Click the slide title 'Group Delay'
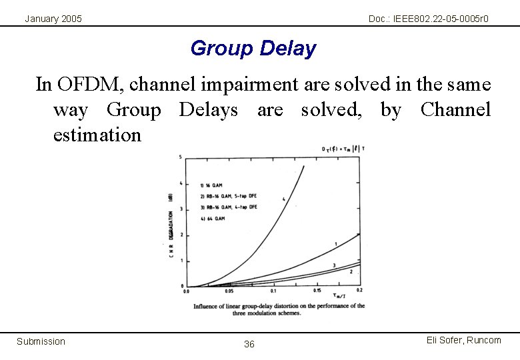coord(253,49)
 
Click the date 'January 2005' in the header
coord(53,19)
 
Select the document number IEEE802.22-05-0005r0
coord(428,19)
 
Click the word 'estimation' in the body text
coord(97,135)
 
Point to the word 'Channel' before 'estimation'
coord(455,110)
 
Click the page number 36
coord(249,344)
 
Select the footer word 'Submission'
coord(41,341)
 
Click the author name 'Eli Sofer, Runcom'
coord(463,340)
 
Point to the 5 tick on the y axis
coord(181,157)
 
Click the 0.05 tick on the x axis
coord(230,291)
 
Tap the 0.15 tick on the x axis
coord(317,291)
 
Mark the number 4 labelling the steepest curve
coord(283,199)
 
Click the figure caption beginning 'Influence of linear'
coord(279,309)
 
